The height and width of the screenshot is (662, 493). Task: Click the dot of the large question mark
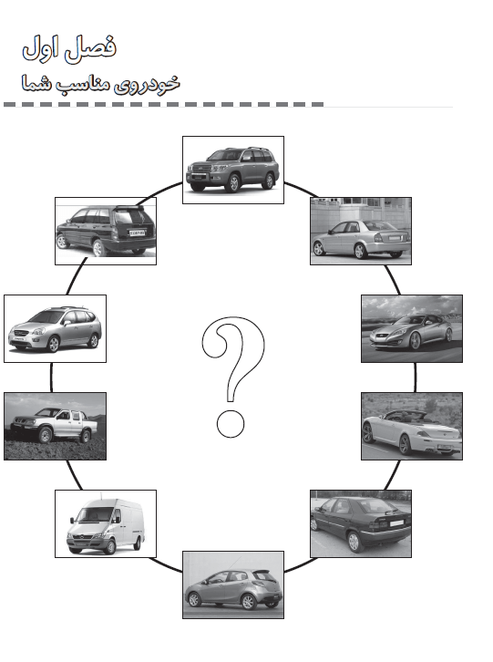(x=231, y=423)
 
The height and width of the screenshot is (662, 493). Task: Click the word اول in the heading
(x=40, y=47)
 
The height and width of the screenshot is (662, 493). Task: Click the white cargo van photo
(x=106, y=523)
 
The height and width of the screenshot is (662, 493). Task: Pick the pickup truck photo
(x=55, y=426)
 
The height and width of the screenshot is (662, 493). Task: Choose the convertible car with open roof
(x=412, y=426)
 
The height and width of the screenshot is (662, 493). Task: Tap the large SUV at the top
(x=233, y=170)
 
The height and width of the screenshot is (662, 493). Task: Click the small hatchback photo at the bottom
(x=233, y=584)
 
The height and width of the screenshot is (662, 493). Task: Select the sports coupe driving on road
(x=412, y=328)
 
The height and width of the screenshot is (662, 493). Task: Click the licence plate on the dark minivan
(x=137, y=233)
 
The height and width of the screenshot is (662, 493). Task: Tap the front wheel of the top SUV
(x=233, y=183)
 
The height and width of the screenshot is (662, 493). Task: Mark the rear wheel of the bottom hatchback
(x=248, y=602)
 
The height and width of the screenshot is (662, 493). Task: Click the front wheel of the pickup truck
(x=46, y=435)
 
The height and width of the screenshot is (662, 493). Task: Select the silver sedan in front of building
(x=361, y=231)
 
